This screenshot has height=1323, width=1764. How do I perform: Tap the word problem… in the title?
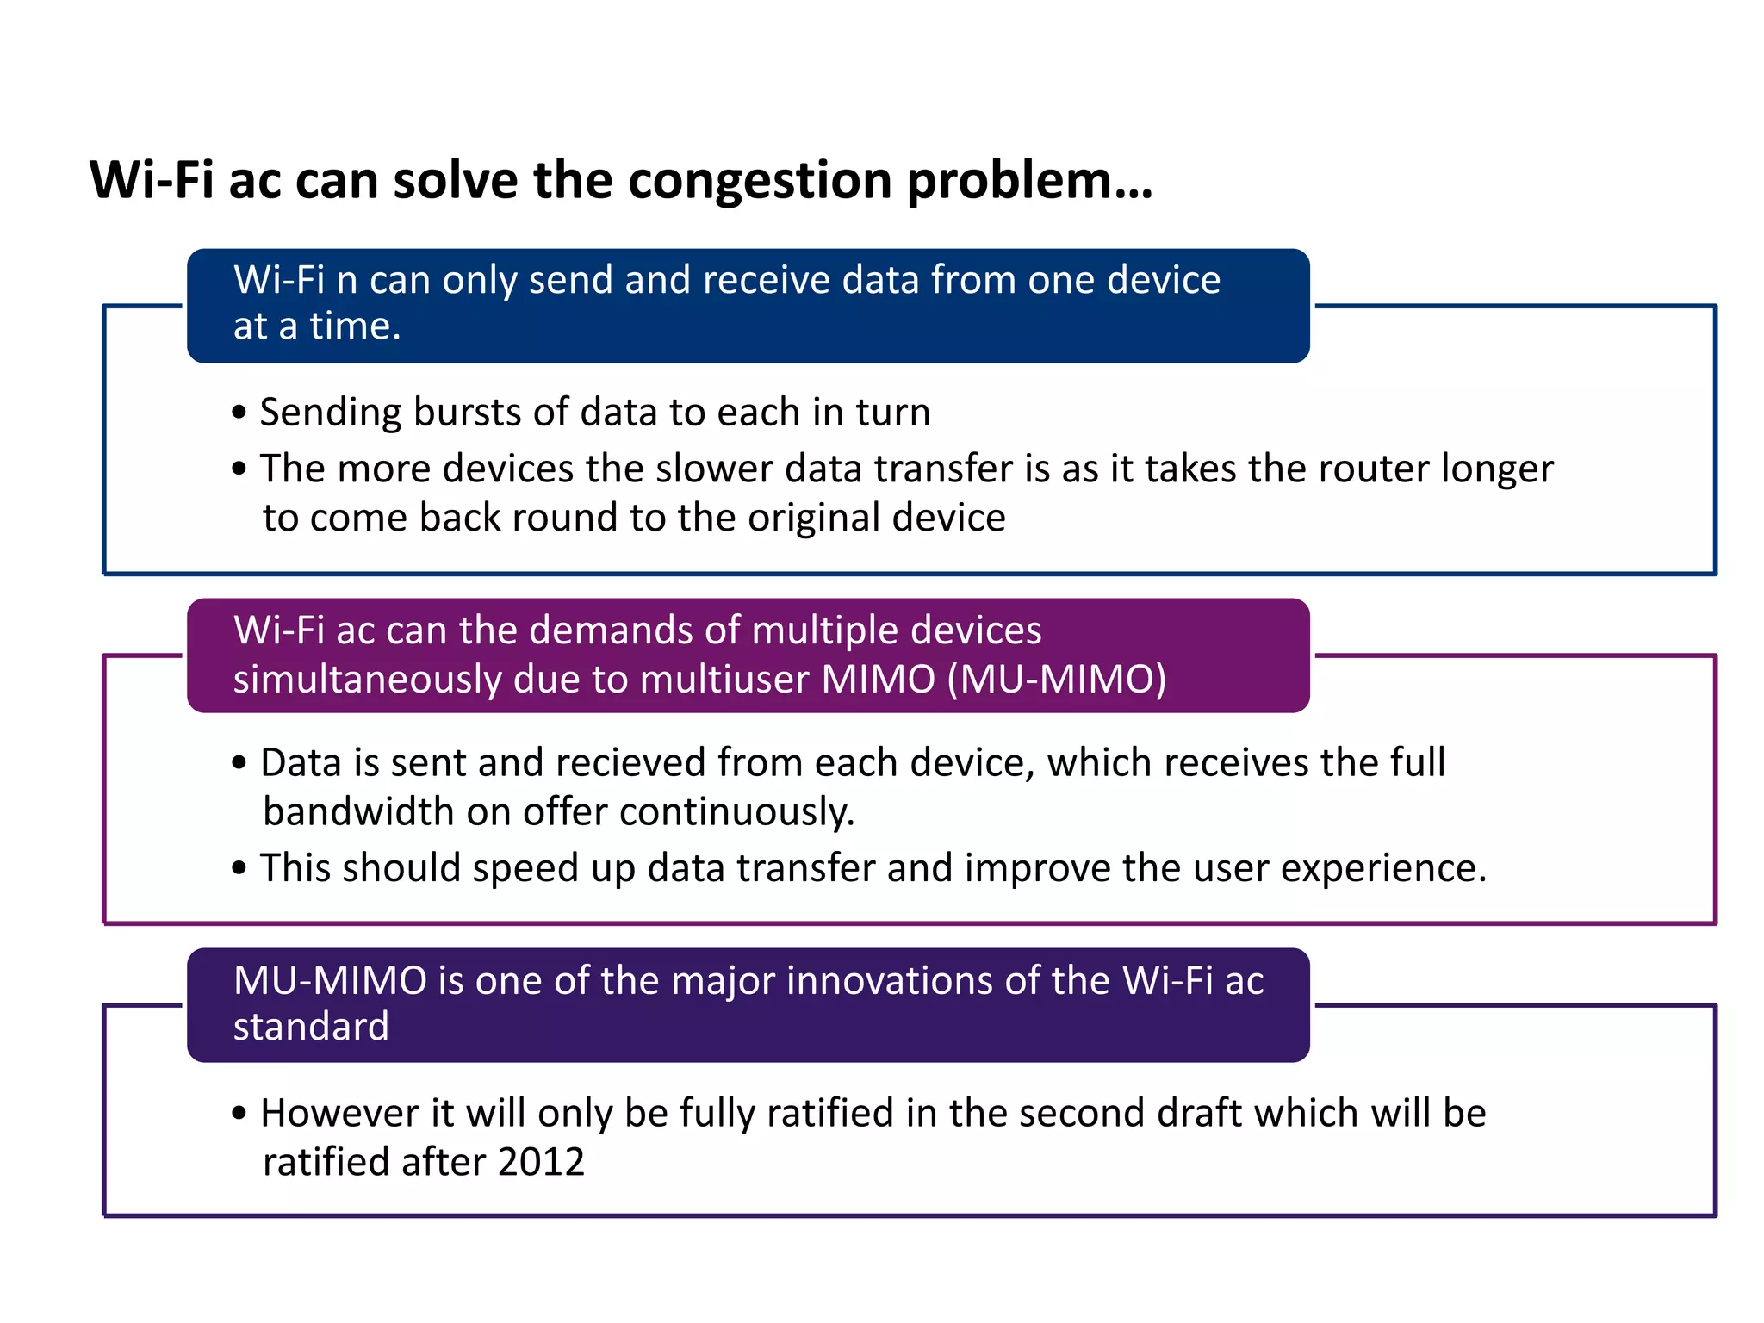click(x=1029, y=182)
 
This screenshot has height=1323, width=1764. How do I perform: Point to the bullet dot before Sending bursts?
click(x=239, y=413)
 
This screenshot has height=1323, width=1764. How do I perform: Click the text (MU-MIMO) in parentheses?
click(x=1056, y=680)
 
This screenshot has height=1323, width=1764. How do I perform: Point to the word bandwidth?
click(x=358, y=812)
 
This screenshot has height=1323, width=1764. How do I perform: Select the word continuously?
click(x=736, y=812)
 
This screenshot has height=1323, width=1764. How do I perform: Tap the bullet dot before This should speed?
click(x=239, y=867)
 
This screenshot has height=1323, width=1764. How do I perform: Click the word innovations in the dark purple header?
click(x=886, y=981)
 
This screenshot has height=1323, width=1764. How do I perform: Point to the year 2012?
click(x=541, y=1163)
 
